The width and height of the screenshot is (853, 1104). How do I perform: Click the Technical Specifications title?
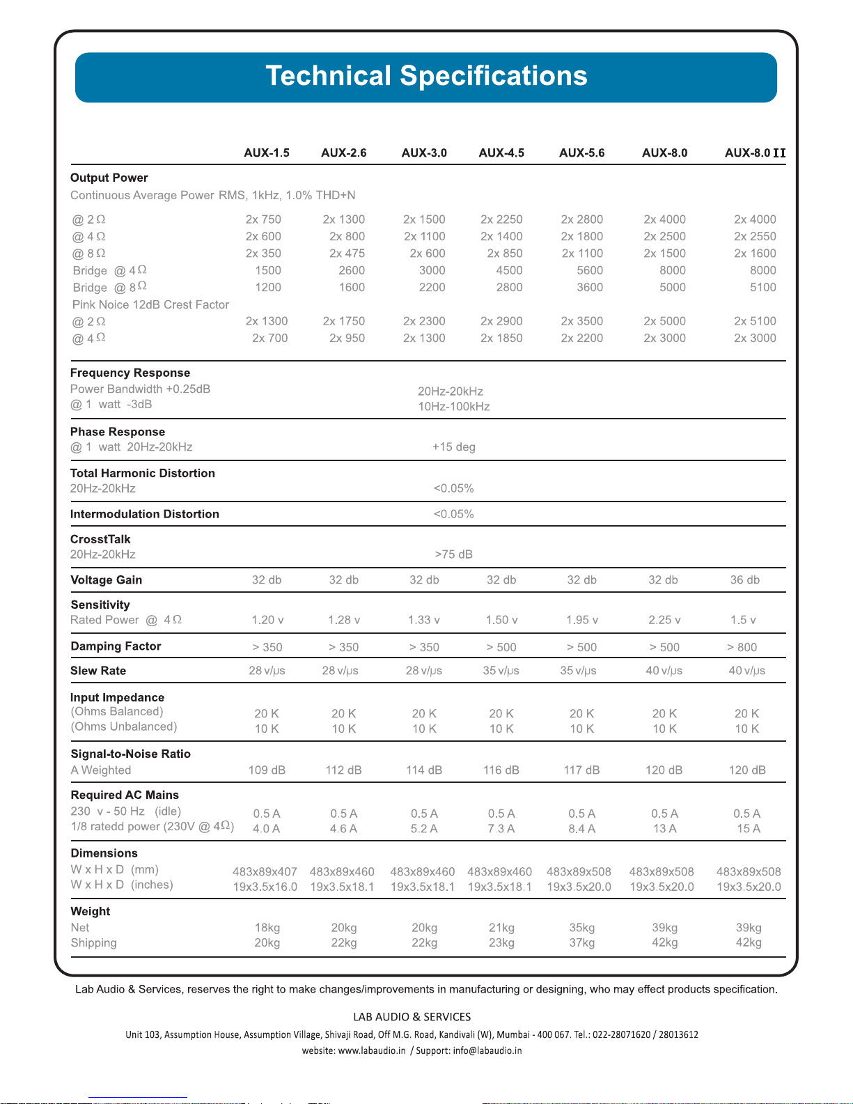pos(426,76)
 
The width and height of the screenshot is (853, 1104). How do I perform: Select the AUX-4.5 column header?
pos(501,153)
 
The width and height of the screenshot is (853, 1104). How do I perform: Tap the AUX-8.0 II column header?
pos(755,153)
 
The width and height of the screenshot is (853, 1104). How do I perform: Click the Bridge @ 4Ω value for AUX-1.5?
pos(268,270)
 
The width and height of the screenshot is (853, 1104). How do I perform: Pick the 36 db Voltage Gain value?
pos(744,580)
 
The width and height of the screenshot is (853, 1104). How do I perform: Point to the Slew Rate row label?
pos(98,671)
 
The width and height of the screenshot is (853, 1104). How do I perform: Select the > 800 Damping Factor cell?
pos(742,647)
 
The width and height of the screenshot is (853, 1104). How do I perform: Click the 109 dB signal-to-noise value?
pos(267,770)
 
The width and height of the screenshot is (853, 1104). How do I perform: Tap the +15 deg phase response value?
pos(453,447)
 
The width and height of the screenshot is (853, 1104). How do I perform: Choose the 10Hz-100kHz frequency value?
pos(453,407)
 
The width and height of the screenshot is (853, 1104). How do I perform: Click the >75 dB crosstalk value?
pos(453,554)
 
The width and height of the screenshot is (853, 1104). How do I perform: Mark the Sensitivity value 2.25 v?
pos(664,620)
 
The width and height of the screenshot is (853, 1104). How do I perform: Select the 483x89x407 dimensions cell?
pos(265,872)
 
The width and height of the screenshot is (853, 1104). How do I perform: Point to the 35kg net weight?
pos(582,928)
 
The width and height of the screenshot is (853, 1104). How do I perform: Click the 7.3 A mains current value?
pos(501,829)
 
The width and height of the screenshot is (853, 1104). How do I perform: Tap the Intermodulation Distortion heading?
pos(145,514)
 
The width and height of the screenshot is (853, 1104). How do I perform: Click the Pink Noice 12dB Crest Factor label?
pos(150,305)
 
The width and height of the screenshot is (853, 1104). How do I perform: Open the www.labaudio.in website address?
pos(372,1050)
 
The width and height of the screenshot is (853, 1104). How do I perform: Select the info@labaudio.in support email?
pos(487,1050)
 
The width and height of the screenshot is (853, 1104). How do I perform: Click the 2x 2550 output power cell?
pos(755,237)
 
